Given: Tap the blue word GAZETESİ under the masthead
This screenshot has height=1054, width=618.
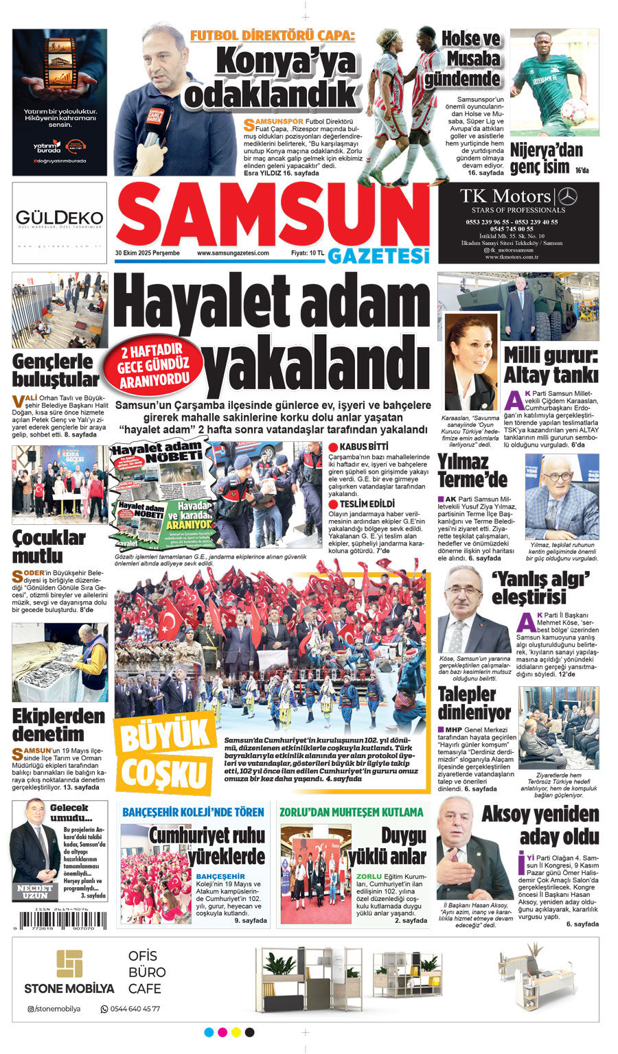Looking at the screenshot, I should [378, 255].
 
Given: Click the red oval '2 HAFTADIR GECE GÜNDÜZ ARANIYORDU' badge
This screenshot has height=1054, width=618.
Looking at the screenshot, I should [153, 368].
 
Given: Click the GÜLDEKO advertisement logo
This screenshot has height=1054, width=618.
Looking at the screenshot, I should [60, 219].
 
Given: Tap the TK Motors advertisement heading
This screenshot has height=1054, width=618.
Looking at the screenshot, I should [505, 196].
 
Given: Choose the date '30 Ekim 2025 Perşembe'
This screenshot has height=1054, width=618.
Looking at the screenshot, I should [148, 253].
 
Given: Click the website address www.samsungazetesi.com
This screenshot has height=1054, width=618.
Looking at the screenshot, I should [233, 253].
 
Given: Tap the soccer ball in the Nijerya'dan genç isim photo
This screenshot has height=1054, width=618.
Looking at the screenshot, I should [574, 111].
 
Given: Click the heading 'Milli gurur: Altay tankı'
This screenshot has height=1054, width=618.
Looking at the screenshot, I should [551, 365].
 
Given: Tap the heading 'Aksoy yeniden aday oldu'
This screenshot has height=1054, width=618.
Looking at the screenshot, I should [540, 825].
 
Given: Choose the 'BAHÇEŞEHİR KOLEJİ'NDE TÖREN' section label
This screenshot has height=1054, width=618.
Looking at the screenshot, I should [193, 812].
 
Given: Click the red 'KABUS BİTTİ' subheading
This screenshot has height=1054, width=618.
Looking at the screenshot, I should [359, 447].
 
